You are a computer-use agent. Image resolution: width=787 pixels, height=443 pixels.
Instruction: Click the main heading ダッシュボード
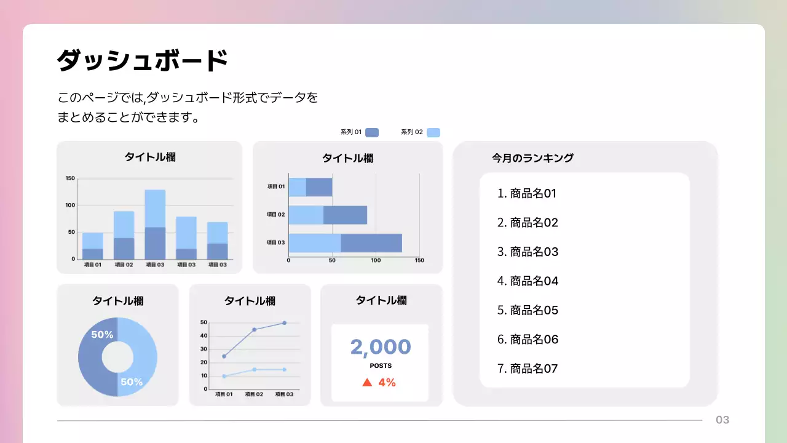coord(142,61)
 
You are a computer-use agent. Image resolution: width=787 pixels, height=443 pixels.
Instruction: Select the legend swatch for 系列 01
coord(371,132)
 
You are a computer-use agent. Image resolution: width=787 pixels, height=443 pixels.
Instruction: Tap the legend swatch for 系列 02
coord(433,132)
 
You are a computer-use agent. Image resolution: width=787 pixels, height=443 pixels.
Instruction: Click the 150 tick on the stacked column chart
coord(70,178)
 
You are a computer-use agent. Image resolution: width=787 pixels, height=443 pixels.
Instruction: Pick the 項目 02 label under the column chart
coord(124,265)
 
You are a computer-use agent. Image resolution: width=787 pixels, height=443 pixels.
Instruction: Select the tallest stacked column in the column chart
coord(155,224)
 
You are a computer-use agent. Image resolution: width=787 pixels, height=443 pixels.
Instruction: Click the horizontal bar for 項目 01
coord(310,187)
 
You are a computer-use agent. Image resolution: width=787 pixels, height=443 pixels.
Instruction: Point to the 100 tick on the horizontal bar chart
coord(376,260)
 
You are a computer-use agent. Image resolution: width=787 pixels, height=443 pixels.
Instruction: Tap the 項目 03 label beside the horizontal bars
coord(275,242)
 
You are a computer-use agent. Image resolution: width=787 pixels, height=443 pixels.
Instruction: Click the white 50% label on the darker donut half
coord(102,335)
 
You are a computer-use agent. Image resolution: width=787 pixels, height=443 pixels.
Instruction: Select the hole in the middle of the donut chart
coord(117,357)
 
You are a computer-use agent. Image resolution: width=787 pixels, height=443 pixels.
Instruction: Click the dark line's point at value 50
coord(284,323)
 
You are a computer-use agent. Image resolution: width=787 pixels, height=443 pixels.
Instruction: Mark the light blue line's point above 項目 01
coord(224,376)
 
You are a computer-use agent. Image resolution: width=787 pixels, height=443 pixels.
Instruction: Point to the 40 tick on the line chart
coord(204,336)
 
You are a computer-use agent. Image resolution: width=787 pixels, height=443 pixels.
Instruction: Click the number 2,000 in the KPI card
coord(380,347)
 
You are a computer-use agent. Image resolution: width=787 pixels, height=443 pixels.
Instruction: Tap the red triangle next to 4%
coord(367,383)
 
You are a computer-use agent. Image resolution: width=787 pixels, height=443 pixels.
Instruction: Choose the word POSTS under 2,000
coord(380,366)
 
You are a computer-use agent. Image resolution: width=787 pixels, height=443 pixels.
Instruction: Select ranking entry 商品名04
coord(528,281)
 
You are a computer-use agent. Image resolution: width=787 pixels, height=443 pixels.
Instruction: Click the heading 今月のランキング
coord(532,158)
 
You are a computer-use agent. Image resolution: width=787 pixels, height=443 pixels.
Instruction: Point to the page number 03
coord(722,420)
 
